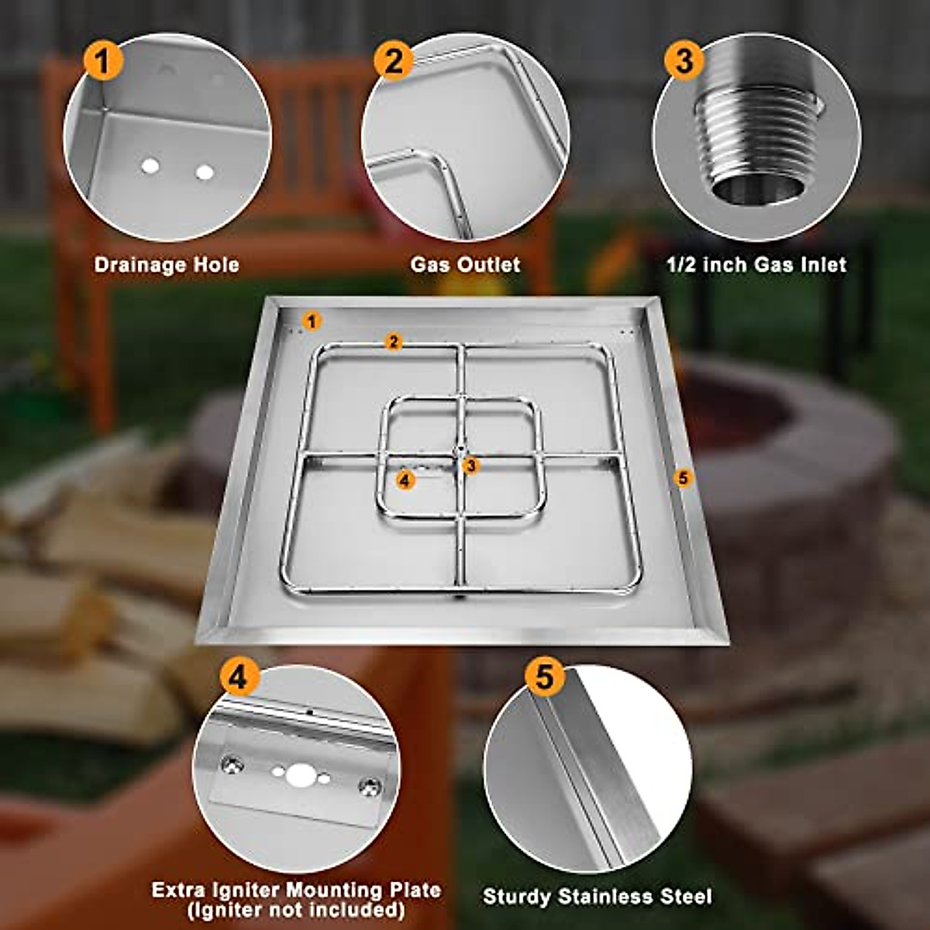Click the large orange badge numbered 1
tap(103, 60)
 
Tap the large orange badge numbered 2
tap(394, 60)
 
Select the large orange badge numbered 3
tap(684, 60)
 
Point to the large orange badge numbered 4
tap(239, 677)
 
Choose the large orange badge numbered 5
tap(545, 676)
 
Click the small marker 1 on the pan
tap(312, 320)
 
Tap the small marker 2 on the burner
tap(394, 342)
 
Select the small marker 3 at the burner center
tap(470, 465)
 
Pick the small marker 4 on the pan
tap(405, 480)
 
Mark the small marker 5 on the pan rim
tap(682, 478)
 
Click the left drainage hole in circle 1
tap(150, 166)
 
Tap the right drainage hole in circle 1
tap(205, 172)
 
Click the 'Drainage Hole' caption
tap(167, 265)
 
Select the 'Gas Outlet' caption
tap(465, 265)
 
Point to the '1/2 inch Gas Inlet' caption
tap(756, 265)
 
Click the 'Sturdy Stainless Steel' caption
tap(597, 897)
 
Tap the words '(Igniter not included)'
tap(296, 909)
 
